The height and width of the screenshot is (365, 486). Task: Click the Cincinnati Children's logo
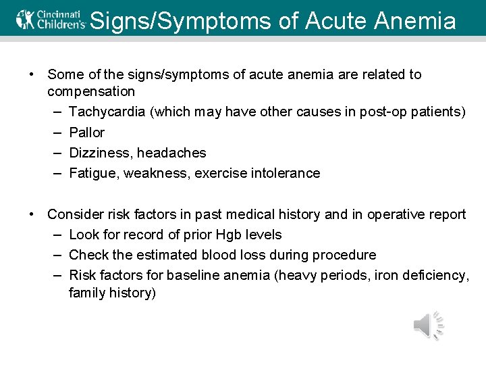[51, 20]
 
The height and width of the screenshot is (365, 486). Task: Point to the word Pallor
[87, 132]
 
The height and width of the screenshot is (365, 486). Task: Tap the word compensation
[91, 91]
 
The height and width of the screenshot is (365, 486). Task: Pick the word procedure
[345, 255]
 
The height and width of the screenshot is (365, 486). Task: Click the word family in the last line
[86, 293]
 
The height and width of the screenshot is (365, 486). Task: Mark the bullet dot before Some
[32, 74]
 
